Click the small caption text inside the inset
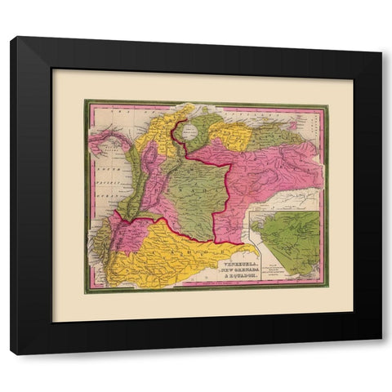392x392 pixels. (269, 270)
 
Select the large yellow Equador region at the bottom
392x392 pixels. (163, 245)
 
